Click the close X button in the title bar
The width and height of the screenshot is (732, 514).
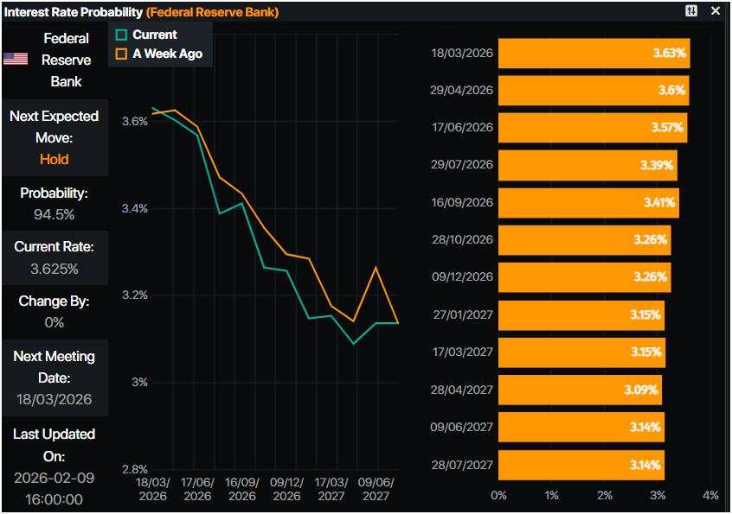[x=716, y=11]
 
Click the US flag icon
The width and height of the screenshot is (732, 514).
[x=15, y=60]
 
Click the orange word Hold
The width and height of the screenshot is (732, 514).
[x=54, y=159]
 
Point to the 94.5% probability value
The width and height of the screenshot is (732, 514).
[x=54, y=214]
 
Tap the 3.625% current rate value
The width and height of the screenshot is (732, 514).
[x=54, y=269]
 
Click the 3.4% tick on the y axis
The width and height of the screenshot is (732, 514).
[x=133, y=208]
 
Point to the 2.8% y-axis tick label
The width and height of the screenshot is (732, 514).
[x=133, y=469]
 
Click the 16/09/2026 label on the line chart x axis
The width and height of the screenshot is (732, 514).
[x=241, y=489]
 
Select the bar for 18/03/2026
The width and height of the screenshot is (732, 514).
[x=594, y=54]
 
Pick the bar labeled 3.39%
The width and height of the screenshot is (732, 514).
[x=588, y=165]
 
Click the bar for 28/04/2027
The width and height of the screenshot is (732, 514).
[x=580, y=390]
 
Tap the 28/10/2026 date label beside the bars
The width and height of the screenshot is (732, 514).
[x=461, y=239]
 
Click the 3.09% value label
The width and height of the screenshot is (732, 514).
[x=641, y=390]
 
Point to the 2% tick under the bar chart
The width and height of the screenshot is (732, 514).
[x=605, y=496]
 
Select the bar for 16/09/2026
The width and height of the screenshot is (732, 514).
[x=588, y=202]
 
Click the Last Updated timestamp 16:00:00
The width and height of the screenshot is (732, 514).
[x=54, y=499]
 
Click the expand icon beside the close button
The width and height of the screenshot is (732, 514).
[x=691, y=11]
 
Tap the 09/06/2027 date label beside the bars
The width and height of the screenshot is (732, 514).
[x=461, y=427]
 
